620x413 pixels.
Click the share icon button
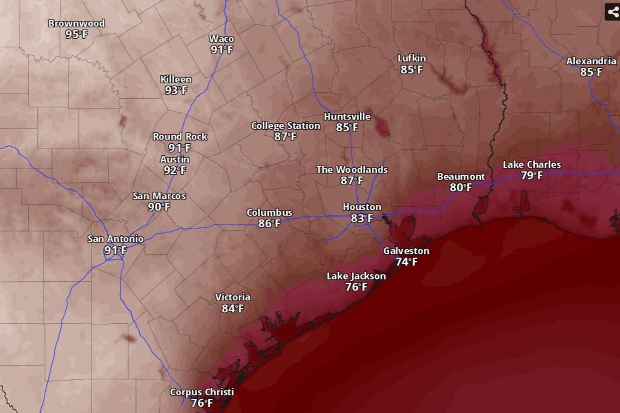point(612,11)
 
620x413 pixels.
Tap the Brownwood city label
point(76,23)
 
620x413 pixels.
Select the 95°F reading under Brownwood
point(77,34)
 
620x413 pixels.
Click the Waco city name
point(222,39)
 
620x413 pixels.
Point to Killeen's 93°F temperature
point(176,91)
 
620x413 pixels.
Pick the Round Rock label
point(180,137)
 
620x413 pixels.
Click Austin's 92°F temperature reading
point(175,171)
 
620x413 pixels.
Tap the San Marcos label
point(159,196)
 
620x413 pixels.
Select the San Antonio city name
point(115,239)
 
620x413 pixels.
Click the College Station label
point(285,126)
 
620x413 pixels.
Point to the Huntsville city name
point(347,117)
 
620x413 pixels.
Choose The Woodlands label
point(352,170)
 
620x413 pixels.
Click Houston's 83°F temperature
point(362,218)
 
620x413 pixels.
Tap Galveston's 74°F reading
point(406,262)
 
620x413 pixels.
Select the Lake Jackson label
point(356,276)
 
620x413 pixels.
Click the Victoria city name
point(233,297)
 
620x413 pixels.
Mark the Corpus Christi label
point(202,392)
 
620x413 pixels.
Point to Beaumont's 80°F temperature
point(461,188)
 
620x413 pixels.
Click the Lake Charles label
point(532,165)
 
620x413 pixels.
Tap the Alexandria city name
point(591,61)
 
